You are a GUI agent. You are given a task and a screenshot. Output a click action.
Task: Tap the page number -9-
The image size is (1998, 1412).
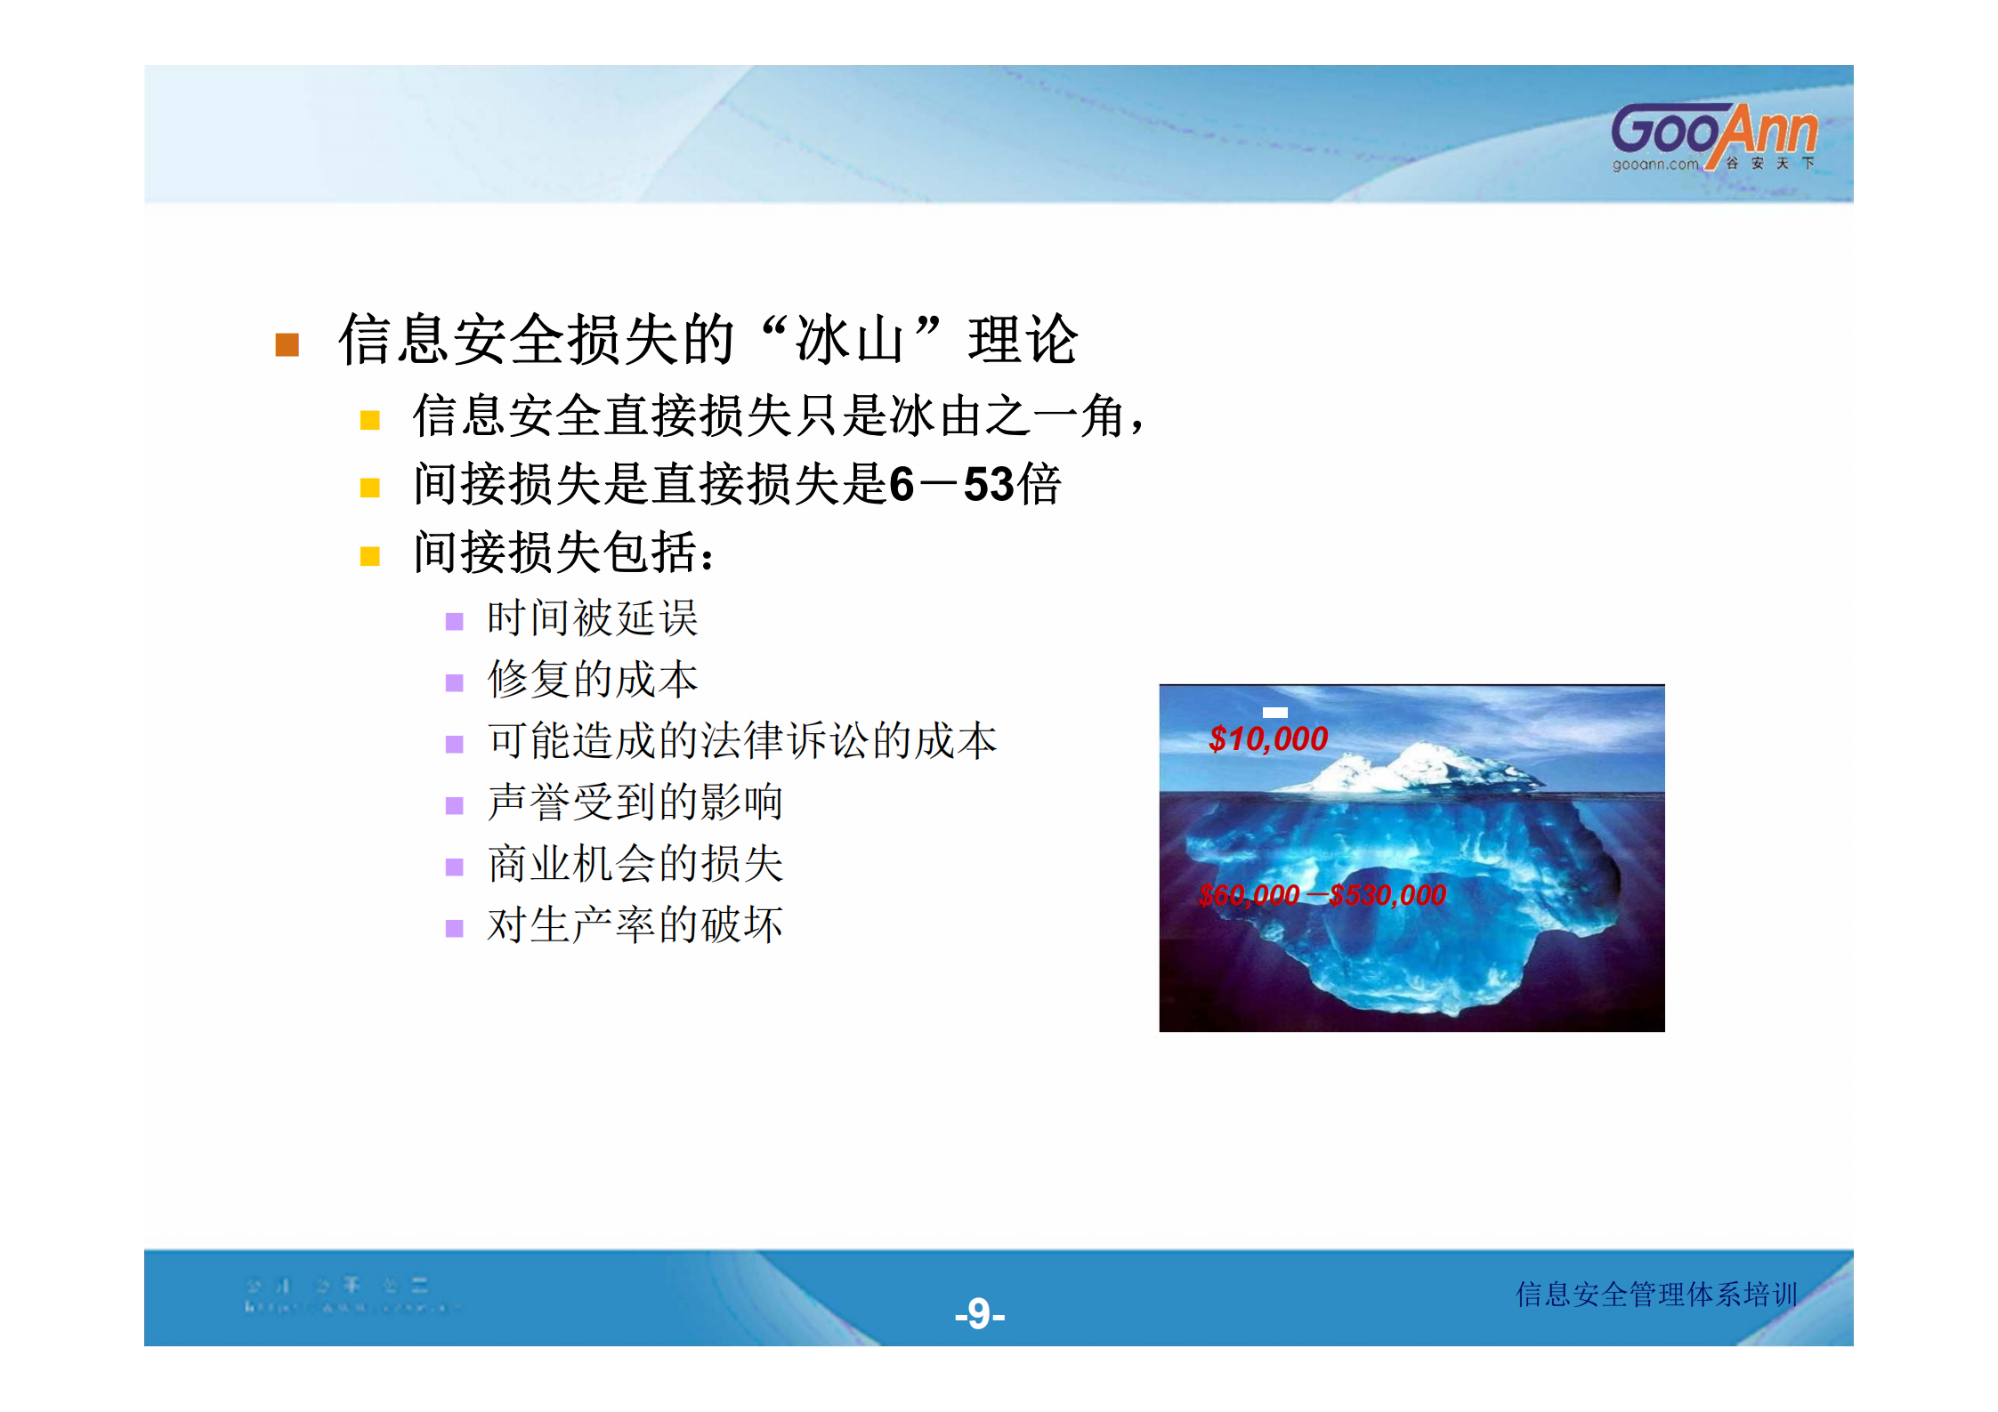[979, 1313]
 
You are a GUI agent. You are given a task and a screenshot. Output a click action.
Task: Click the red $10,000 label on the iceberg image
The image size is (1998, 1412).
[1267, 738]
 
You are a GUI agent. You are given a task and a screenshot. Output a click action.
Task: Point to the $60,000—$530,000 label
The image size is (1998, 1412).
[1322, 894]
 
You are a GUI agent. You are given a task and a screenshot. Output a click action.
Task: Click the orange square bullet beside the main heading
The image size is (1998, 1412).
[287, 344]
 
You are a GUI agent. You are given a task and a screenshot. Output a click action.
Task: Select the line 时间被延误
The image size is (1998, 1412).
[592, 618]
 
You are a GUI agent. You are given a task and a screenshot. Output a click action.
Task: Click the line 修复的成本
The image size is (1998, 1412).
[592, 680]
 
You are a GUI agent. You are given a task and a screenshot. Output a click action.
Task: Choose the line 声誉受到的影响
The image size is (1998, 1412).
[635, 803]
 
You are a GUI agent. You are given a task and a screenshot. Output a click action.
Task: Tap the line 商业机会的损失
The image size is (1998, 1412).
[635, 864]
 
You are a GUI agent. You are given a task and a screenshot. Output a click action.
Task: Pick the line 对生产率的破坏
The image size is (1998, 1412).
[635, 925]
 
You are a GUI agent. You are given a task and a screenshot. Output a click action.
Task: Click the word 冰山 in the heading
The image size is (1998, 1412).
[850, 340]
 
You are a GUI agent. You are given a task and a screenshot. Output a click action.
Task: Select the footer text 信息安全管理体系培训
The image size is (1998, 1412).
[1656, 1294]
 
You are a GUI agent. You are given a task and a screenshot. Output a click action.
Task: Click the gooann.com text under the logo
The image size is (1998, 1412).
[1654, 165]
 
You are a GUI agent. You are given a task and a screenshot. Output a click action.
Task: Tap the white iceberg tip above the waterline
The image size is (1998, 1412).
[1424, 767]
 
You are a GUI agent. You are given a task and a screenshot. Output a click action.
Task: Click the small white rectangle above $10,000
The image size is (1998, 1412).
[1274, 712]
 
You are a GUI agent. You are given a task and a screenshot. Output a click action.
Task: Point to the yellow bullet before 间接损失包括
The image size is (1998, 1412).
[370, 556]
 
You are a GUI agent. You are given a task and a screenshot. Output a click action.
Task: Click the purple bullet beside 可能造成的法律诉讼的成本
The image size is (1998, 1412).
[454, 744]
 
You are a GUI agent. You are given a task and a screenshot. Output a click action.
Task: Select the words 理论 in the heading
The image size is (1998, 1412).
[1023, 340]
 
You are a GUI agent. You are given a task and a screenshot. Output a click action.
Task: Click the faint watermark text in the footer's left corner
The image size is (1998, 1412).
[347, 1295]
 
